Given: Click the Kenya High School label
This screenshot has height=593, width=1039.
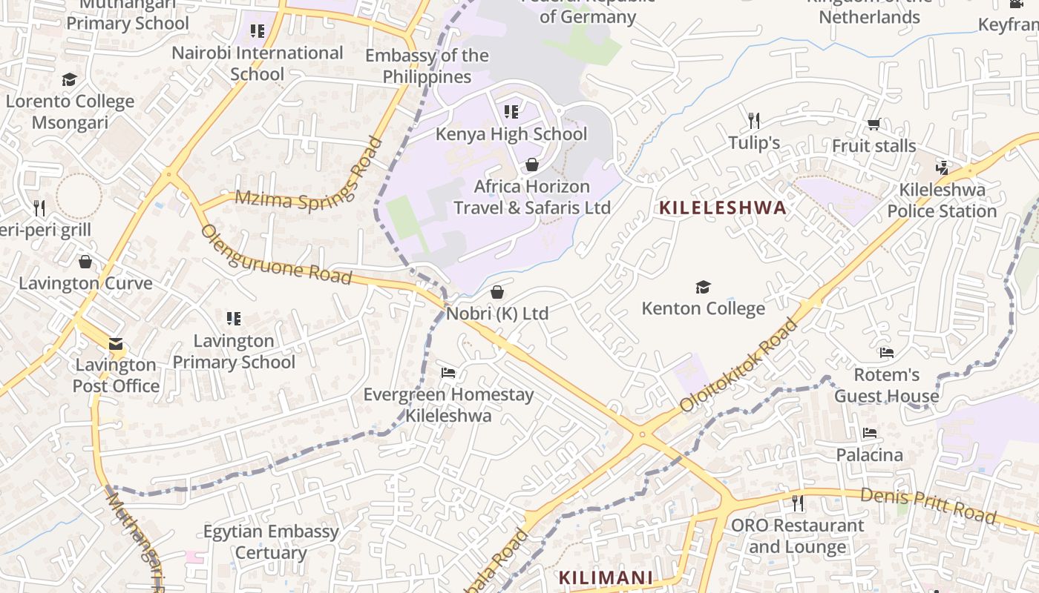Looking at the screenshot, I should tap(511, 134).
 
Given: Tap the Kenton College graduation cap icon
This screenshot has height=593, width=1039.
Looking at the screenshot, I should tap(702, 287).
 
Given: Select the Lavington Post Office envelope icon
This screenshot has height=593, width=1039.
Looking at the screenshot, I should tap(116, 344).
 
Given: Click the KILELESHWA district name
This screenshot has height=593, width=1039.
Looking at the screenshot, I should tap(723, 208).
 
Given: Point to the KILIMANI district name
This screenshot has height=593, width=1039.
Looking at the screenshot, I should tap(606, 577).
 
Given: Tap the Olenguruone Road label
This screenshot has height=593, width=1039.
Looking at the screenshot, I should tap(275, 256).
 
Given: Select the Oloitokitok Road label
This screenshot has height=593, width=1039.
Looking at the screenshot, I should tap(740, 365).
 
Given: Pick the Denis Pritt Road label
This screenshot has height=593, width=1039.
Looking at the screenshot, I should tap(928, 505).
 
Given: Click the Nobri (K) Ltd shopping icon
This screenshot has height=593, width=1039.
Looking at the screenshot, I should tap(497, 293).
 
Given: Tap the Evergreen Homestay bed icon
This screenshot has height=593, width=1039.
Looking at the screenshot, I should tap(448, 372).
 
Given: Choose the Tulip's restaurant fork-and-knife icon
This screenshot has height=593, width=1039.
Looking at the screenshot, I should tap(754, 120).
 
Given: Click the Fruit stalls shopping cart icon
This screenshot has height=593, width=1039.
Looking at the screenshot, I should tap(874, 124).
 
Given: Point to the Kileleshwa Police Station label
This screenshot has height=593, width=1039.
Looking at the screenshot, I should tap(942, 200).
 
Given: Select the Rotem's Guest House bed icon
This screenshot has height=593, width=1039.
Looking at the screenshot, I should tap(886, 352).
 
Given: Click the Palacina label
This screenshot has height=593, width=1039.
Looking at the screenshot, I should tap(869, 454).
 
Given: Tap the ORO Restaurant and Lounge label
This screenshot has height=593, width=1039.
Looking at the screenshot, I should tap(797, 536).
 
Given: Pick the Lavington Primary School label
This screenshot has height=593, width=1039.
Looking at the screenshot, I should tap(234, 351).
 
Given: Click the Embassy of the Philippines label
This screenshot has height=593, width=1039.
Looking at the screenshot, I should tap(427, 66).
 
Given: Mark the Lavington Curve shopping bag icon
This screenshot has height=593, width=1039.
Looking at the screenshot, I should tap(85, 262).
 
